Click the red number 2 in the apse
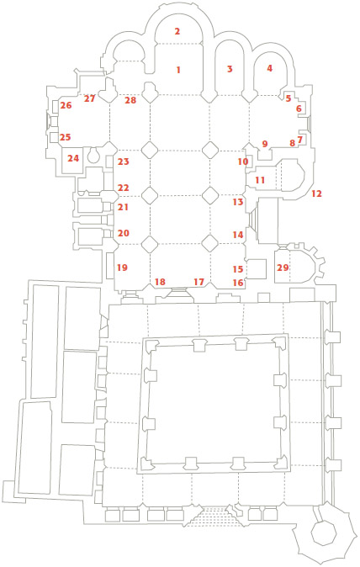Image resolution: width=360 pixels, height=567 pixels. (177, 31)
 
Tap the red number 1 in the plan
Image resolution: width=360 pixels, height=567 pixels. (177, 70)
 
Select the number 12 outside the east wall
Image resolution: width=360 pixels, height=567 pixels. (316, 193)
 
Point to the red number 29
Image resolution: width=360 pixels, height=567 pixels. (283, 268)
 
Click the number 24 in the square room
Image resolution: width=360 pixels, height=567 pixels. (73, 158)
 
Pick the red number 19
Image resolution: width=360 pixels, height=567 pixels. (122, 268)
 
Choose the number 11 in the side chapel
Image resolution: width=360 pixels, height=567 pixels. (260, 180)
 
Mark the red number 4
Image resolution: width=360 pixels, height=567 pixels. (269, 68)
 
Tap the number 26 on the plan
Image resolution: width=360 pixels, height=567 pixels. (66, 106)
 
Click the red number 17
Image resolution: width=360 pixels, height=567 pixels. (199, 281)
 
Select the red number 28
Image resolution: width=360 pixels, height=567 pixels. (130, 100)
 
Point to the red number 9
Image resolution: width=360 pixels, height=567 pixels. (265, 144)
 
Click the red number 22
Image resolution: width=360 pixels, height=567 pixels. (124, 188)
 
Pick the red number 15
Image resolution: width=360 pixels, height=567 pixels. (238, 269)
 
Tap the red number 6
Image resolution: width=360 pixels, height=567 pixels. (299, 109)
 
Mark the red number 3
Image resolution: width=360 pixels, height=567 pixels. (230, 69)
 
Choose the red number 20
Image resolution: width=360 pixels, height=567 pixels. (124, 233)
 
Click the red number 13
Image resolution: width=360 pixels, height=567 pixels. (238, 202)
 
